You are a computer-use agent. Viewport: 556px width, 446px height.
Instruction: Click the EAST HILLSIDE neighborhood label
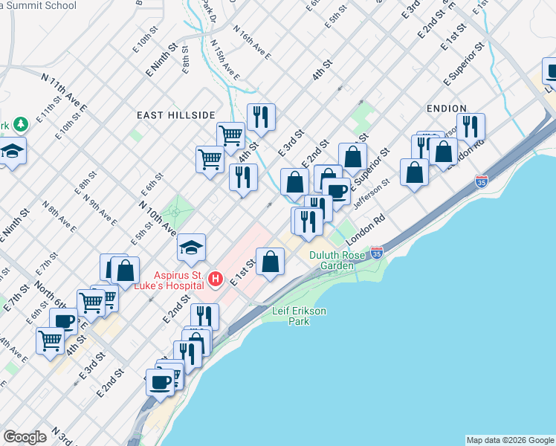(175, 115)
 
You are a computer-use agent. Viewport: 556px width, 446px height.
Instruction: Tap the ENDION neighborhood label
(446, 109)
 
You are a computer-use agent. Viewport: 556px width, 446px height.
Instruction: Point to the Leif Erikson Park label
(299, 317)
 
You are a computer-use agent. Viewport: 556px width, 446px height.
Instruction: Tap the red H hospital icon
(216, 279)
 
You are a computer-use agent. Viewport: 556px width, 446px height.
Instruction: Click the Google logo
(25, 437)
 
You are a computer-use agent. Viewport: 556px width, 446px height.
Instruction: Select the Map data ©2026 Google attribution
(510, 440)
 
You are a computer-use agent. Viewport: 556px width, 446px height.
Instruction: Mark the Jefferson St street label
(372, 193)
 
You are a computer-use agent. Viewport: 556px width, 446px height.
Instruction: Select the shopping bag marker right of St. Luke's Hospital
(271, 262)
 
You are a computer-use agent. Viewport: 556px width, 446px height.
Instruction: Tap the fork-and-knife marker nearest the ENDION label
(471, 126)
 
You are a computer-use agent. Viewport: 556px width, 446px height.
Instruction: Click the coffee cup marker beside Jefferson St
(337, 191)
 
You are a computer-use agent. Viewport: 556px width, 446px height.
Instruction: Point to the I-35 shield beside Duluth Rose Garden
(377, 253)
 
